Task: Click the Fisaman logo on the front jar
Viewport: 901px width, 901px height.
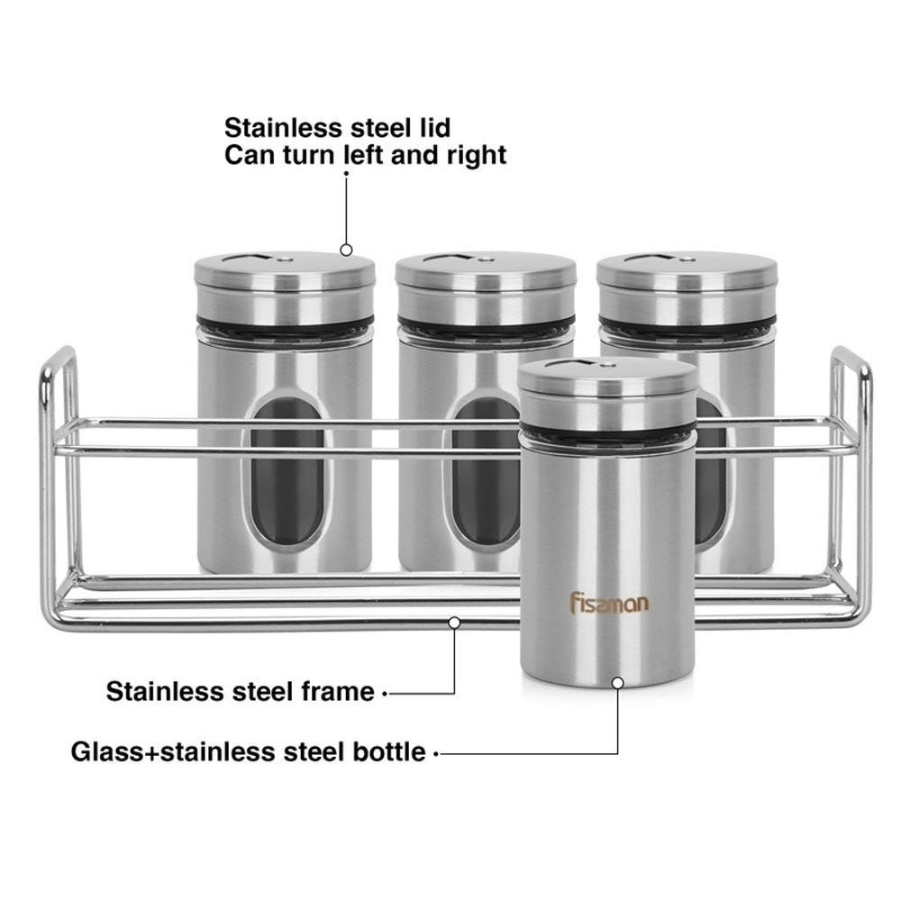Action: click(609, 603)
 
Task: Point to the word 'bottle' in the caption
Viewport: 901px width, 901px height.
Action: click(388, 751)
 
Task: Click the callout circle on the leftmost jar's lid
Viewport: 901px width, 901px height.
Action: click(346, 250)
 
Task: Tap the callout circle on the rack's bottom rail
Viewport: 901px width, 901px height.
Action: click(454, 623)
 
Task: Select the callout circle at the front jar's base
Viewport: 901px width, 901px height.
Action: click(618, 683)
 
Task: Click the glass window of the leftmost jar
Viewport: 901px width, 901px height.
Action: click(287, 472)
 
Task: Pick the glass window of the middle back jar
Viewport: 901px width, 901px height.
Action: click(486, 472)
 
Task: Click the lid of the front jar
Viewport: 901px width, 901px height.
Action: click(607, 392)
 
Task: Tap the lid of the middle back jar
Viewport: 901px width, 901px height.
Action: click(486, 286)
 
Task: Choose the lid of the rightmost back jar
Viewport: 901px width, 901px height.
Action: click(687, 286)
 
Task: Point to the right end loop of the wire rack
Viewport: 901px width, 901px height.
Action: click(868, 488)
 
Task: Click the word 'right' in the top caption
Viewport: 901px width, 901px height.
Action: click(477, 156)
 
